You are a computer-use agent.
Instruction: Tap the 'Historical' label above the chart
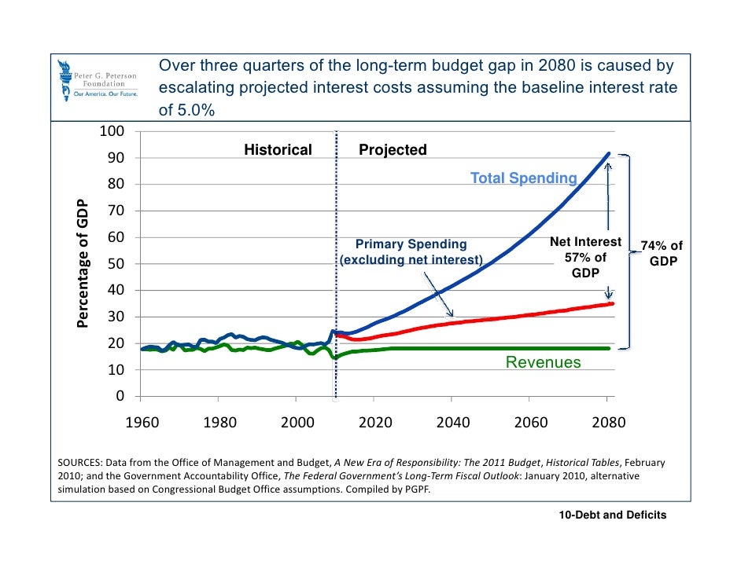click(x=278, y=150)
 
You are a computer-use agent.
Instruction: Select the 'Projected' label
click(x=393, y=150)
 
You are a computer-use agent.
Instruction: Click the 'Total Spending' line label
click(x=523, y=178)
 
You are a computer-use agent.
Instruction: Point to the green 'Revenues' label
click(x=543, y=362)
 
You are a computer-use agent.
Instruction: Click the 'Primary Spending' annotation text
click(x=411, y=245)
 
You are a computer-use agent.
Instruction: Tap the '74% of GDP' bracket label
click(x=662, y=253)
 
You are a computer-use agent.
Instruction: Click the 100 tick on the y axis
click(x=110, y=130)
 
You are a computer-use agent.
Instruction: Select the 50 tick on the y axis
click(x=115, y=264)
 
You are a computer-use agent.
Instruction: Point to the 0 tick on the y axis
click(x=120, y=396)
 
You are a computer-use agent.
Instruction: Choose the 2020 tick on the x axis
click(x=375, y=423)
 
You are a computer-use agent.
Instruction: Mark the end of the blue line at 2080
click(x=610, y=154)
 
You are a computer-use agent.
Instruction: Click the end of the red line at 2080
click(x=611, y=303)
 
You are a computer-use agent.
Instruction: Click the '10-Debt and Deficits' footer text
click(x=612, y=515)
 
